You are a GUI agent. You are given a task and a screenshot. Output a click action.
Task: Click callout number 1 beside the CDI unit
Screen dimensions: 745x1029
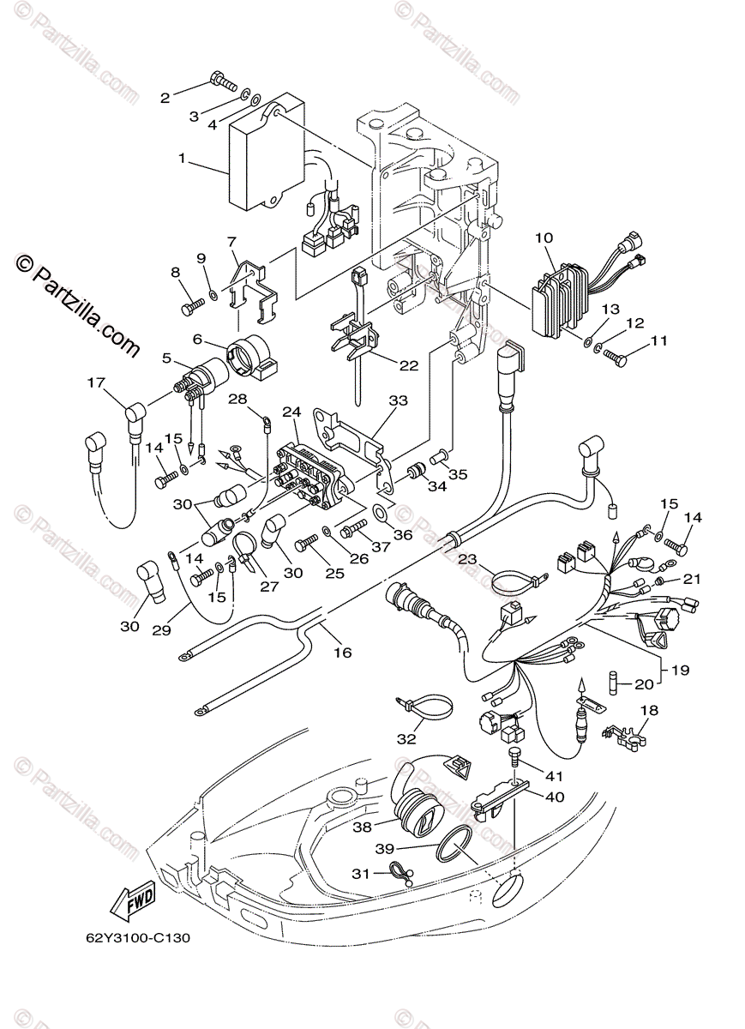coord(183,159)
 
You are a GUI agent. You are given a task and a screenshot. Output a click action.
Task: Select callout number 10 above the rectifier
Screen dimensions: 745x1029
coord(544,238)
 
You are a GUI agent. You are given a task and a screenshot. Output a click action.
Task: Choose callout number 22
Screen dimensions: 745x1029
coord(409,365)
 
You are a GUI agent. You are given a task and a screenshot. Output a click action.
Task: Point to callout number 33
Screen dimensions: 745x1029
coord(398,400)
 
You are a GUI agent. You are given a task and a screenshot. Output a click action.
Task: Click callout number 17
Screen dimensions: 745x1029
coord(96,382)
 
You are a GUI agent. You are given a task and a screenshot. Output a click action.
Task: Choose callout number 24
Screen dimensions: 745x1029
coord(292,412)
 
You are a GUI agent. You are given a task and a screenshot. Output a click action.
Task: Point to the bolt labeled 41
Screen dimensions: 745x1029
coord(513,752)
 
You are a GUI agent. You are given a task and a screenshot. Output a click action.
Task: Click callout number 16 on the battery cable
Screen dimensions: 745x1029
coord(343,653)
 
